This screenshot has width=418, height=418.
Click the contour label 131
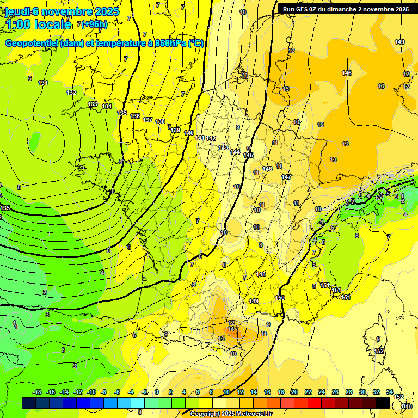pyautogui.click(x=43, y=83)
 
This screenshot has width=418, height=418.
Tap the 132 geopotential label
pyautogui.click(x=71, y=93)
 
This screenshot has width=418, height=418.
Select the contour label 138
pyautogui.click(x=160, y=121)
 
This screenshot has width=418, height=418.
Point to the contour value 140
pyautogui.click(x=189, y=133)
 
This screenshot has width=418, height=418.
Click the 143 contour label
pyautogui.click(x=223, y=147)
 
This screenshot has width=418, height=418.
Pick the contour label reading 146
pyautogui.click(x=267, y=169)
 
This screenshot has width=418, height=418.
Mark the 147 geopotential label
pyautogui.click(x=286, y=177)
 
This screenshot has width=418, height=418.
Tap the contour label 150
pyautogui.click(x=280, y=298)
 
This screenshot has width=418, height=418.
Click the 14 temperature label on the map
pyautogui.click(x=231, y=329)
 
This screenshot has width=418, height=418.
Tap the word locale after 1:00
pyautogui.click(x=52, y=24)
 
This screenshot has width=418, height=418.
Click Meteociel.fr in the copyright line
pyautogui.click(x=253, y=414)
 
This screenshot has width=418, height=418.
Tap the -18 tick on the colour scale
pyautogui.click(x=38, y=392)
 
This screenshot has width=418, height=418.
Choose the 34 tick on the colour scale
pyautogui.click(x=389, y=392)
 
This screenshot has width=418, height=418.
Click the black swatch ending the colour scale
pyautogui.click(x=382, y=403)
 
